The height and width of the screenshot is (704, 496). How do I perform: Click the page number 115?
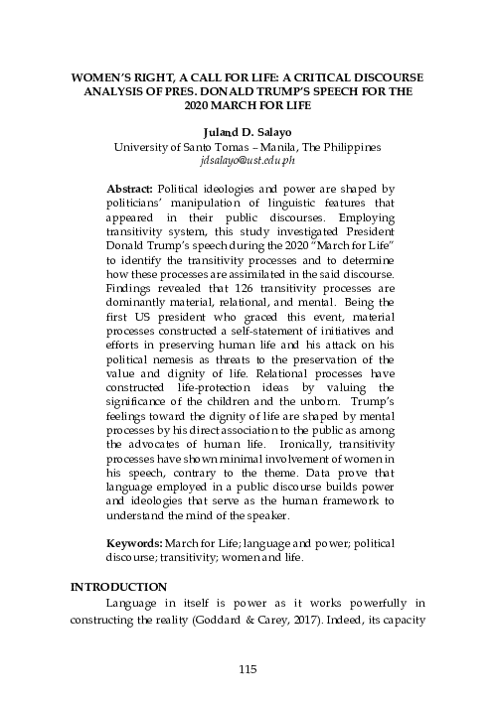(248, 666)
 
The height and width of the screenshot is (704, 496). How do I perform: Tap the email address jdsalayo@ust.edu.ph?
(248, 159)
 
